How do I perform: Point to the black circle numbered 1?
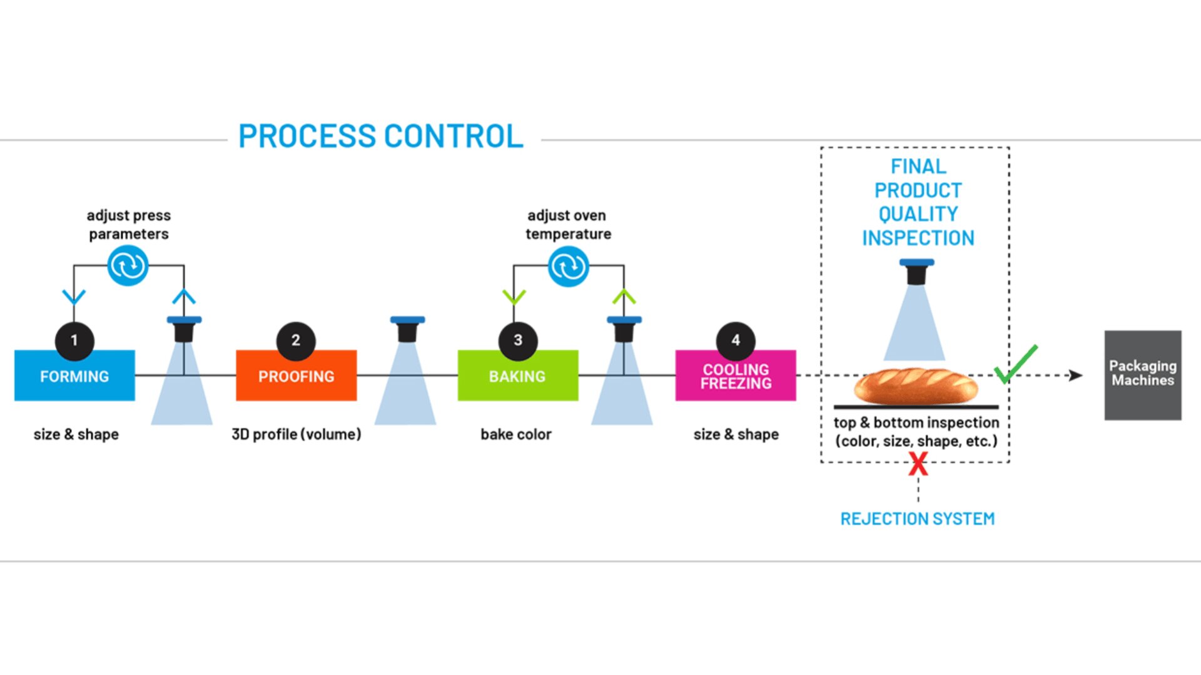click(x=74, y=341)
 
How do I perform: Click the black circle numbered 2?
click(x=296, y=341)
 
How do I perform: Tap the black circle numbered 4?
click(x=736, y=341)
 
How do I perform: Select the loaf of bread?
click(x=916, y=386)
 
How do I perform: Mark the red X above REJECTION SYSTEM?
click(x=918, y=464)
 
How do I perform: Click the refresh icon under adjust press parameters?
click(x=128, y=266)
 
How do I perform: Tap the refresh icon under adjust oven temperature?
click(x=568, y=266)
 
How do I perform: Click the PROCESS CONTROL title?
click(x=380, y=136)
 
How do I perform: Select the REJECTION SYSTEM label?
click(x=917, y=519)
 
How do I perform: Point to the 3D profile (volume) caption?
click(x=296, y=434)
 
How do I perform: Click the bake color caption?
click(x=516, y=434)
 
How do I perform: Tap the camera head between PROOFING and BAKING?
click(x=407, y=329)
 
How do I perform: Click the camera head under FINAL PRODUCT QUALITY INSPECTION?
click(x=916, y=272)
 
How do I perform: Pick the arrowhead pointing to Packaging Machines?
click(x=1075, y=375)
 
